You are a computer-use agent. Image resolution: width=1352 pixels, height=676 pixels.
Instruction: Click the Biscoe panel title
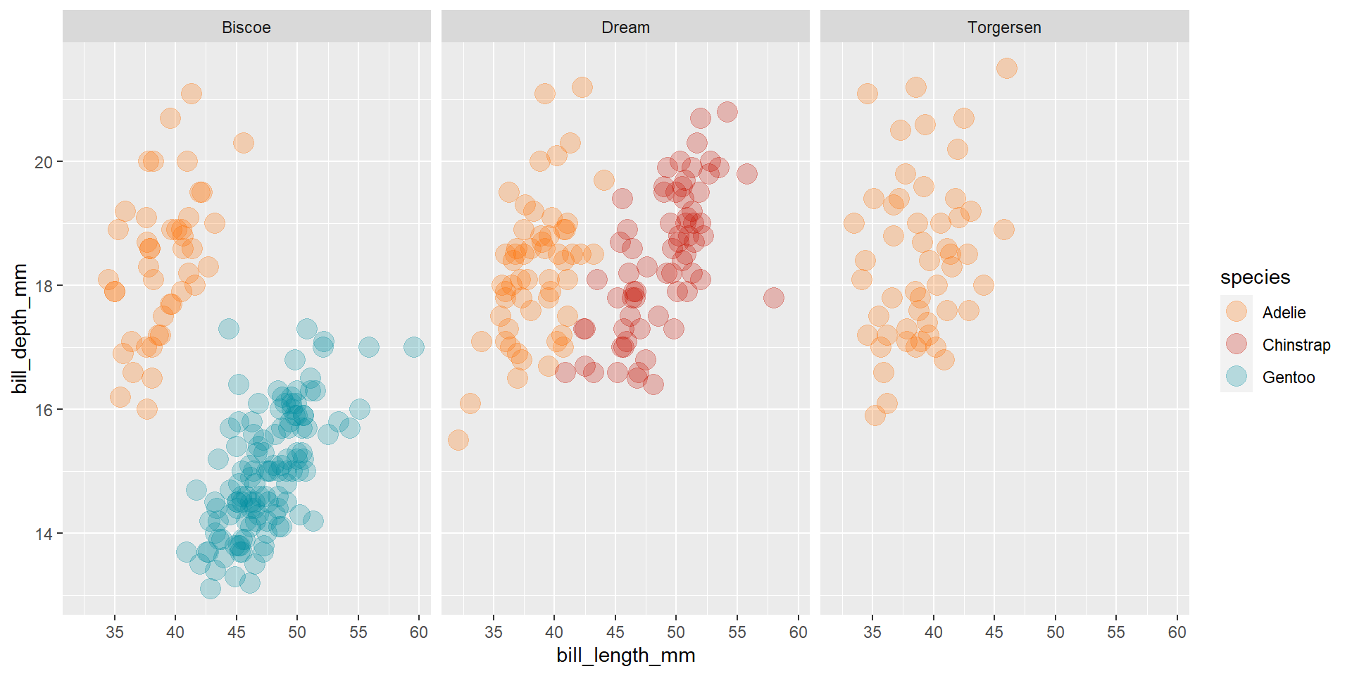(246, 27)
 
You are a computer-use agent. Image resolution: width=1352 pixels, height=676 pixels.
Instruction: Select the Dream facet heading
(625, 27)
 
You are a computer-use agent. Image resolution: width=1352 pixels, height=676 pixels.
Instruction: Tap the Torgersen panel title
(1004, 27)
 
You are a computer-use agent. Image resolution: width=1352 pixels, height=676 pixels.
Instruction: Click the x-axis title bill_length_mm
(625, 656)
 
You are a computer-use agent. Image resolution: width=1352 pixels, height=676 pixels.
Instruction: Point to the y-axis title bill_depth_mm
(20, 328)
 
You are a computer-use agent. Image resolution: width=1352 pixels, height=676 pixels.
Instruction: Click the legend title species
(1255, 277)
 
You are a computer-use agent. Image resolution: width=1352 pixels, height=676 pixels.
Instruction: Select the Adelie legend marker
(1236, 312)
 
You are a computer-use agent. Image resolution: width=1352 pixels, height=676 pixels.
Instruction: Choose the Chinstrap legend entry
(1296, 345)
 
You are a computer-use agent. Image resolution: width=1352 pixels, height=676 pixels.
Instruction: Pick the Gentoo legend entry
(1288, 377)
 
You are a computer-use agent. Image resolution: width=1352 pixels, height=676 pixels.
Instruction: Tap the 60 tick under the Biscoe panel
(419, 632)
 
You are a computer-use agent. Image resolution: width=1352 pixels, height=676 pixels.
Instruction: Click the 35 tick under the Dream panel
(494, 632)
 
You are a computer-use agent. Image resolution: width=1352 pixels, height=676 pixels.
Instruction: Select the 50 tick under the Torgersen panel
(1055, 632)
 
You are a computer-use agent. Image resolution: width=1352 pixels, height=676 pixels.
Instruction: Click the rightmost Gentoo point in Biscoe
(414, 347)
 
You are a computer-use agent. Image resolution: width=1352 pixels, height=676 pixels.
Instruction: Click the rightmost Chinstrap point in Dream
(773, 298)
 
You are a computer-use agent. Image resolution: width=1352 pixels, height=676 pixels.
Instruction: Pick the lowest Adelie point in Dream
(458, 440)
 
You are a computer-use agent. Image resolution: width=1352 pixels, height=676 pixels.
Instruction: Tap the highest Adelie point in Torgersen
(1007, 68)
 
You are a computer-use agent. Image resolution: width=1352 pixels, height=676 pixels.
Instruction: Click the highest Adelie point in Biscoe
(191, 94)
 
